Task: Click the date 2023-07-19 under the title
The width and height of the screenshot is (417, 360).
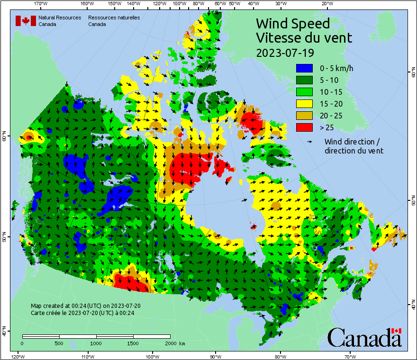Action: pyautogui.click(x=285, y=52)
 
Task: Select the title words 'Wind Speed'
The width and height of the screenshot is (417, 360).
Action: pyautogui.click(x=292, y=23)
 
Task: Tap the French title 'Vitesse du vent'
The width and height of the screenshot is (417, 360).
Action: pyautogui.click(x=304, y=37)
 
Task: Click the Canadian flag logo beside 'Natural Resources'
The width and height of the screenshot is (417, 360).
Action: pyautogui.click(x=26, y=21)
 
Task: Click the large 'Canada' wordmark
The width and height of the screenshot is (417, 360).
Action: pyautogui.click(x=364, y=338)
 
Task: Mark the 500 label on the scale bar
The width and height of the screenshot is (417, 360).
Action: pyautogui.click(x=59, y=343)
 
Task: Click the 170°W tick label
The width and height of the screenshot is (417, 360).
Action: pyautogui.click(x=41, y=4)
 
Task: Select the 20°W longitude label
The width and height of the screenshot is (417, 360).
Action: pyautogui.click(x=326, y=4)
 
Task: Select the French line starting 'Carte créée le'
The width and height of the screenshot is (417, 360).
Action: pyautogui.click(x=82, y=313)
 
